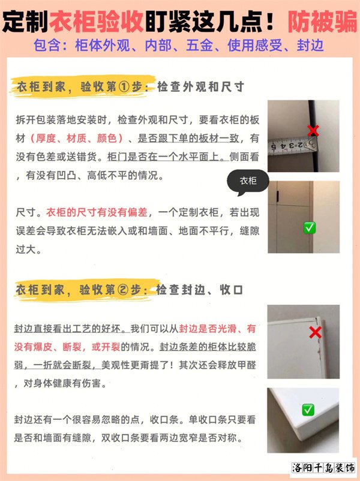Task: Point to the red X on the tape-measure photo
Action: [x=313, y=130]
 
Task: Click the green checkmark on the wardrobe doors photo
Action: [x=310, y=228]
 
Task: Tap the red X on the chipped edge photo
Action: [x=315, y=332]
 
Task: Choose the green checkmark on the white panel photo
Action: [x=308, y=410]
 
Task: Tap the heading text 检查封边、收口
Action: [x=199, y=290]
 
